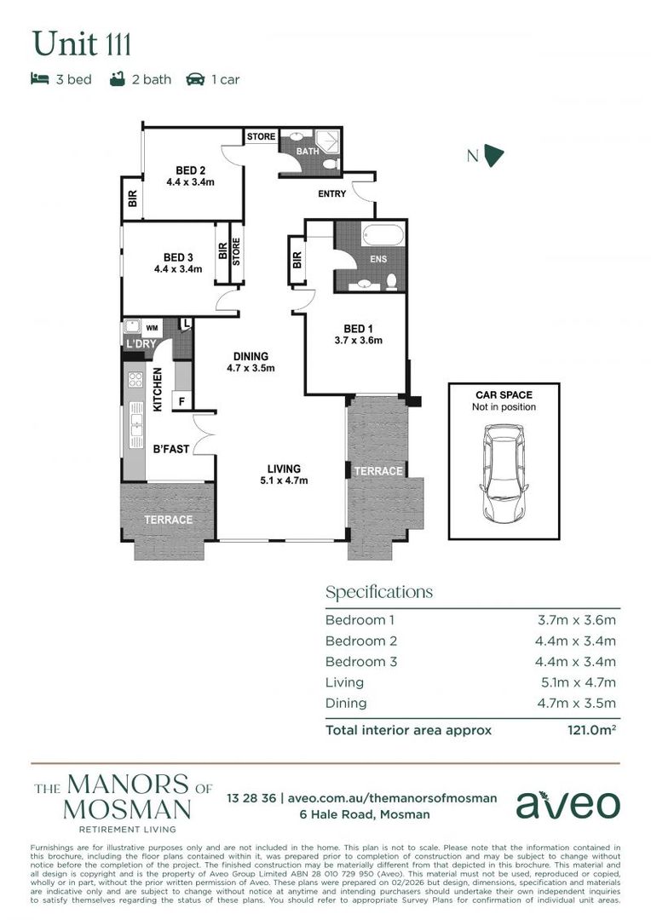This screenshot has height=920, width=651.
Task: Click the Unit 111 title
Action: coord(81,43)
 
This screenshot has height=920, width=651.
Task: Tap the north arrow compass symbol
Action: coord(493,154)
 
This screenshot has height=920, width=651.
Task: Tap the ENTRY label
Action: coord(331,194)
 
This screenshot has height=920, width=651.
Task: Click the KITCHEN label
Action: coord(158,390)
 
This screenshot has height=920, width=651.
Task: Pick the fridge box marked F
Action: coord(181,400)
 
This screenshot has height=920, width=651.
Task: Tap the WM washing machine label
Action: coord(153,327)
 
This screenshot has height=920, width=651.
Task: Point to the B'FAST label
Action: coord(171,449)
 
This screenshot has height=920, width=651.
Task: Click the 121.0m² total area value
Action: coord(592,730)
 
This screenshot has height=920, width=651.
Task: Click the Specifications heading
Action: coord(379,592)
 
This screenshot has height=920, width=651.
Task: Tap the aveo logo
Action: coord(568,804)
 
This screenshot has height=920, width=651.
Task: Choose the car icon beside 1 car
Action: coord(195,79)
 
